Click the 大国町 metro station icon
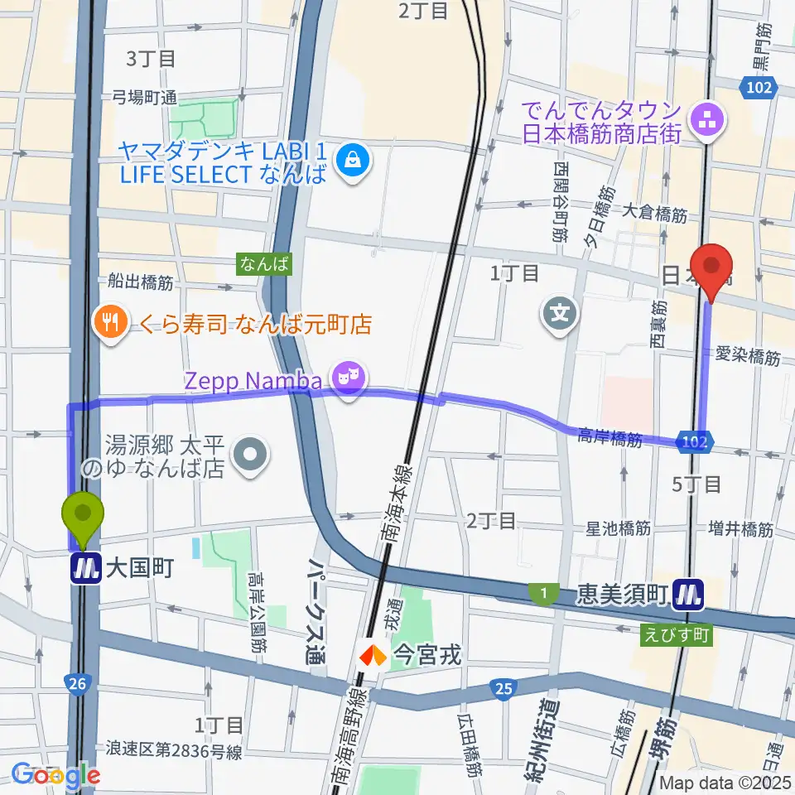click(84, 569)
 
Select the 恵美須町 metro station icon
click(688, 595)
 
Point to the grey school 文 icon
click(560, 314)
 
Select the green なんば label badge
click(265, 264)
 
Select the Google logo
click(56, 775)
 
